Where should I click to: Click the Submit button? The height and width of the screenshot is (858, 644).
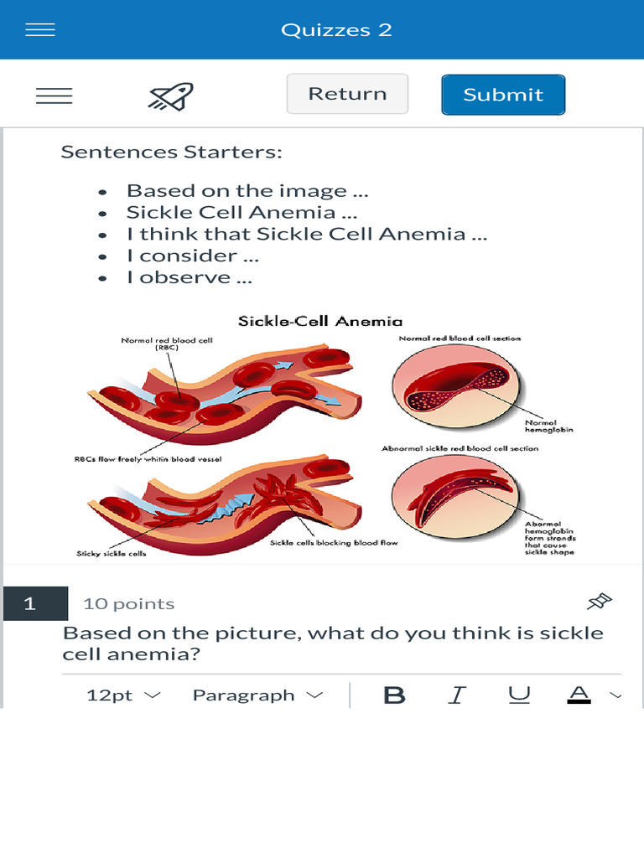click(503, 95)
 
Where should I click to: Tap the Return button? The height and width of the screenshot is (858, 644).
click(347, 94)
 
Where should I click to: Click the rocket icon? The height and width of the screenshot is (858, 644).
click(170, 96)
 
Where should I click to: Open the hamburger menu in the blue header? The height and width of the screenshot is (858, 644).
click(40, 30)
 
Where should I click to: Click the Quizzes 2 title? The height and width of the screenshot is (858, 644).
click(336, 30)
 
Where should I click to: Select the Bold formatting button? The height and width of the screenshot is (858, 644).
click(394, 695)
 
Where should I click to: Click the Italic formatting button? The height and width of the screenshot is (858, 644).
click(457, 695)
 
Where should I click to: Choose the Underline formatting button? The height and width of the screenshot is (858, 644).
click(520, 695)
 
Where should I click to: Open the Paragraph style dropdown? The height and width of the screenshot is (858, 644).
click(257, 695)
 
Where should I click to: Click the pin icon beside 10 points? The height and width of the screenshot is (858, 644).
click(600, 602)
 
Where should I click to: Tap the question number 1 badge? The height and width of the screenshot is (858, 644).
click(30, 603)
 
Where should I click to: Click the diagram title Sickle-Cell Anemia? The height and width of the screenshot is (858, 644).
click(320, 321)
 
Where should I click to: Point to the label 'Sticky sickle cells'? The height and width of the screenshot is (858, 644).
click(112, 553)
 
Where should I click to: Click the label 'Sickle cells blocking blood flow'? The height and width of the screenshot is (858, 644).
click(334, 543)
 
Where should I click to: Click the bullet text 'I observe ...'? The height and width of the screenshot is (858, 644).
click(189, 277)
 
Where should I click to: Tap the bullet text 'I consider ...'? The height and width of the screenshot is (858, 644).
click(192, 256)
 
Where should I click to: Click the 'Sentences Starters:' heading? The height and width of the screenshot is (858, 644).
click(171, 152)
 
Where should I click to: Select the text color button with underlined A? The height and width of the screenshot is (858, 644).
click(579, 695)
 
